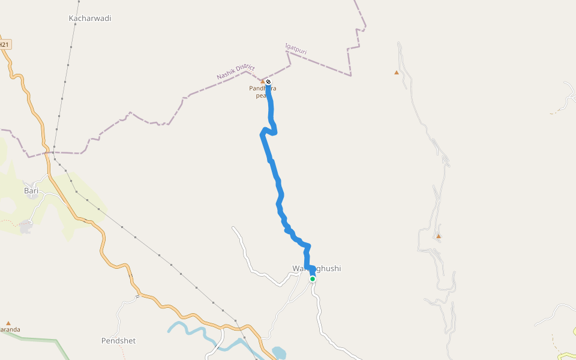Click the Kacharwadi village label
(90, 19)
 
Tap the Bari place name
(31, 191)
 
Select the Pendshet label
(118, 341)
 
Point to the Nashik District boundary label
(236, 73)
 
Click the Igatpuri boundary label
(296, 49)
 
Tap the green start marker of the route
(313, 279)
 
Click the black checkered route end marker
(268, 82)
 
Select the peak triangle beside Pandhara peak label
(262, 81)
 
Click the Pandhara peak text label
(263, 92)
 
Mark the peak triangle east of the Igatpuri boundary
(396, 73)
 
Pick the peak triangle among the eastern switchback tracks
(439, 236)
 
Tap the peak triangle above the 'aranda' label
(8, 323)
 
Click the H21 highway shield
(5, 44)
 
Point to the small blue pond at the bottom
(279, 352)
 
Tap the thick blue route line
(275, 174)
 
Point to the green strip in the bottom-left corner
(36, 340)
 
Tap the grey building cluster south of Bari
(25, 227)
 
